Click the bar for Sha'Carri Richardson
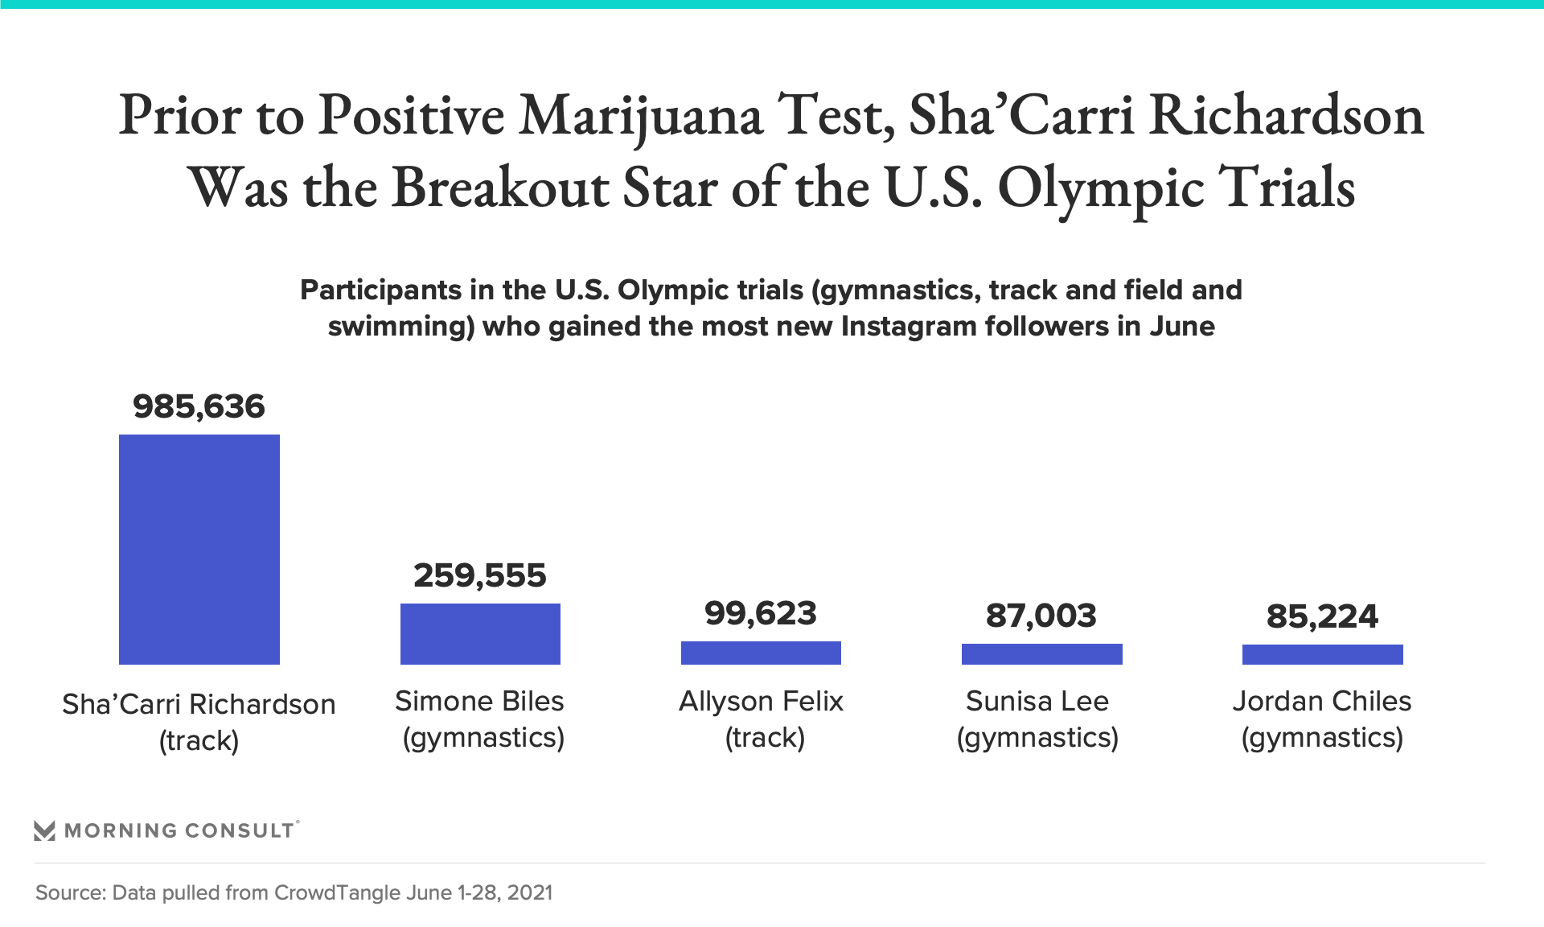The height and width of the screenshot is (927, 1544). pyautogui.click(x=199, y=550)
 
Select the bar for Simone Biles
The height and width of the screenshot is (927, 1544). pyautogui.click(x=480, y=634)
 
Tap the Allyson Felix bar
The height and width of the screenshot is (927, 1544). pyautogui.click(x=761, y=653)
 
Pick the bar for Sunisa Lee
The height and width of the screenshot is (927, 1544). pyautogui.click(x=1041, y=654)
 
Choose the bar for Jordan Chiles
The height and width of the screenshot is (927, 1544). pyautogui.click(x=1322, y=654)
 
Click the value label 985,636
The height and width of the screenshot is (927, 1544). pyautogui.click(x=199, y=407)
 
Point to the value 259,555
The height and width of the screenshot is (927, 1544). pyautogui.click(x=480, y=576)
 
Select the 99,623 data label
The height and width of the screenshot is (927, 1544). pyautogui.click(x=761, y=614)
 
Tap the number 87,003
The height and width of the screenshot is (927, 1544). pyautogui.click(x=1041, y=616)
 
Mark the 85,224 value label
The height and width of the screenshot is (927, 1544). pyautogui.click(x=1322, y=617)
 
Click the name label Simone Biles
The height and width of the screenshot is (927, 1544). pyautogui.click(x=479, y=702)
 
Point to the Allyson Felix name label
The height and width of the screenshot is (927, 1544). pyautogui.click(x=761, y=702)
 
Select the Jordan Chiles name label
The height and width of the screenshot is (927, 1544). pyautogui.click(x=1322, y=702)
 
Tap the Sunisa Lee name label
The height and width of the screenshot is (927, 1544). pyautogui.click(x=1037, y=702)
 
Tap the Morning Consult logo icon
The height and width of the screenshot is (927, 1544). pyautogui.click(x=45, y=830)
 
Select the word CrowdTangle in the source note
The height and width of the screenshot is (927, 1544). pyautogui.click(x=337, y=892)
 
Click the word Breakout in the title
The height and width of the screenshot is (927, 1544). pyautogui.click(x=500, y=188)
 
